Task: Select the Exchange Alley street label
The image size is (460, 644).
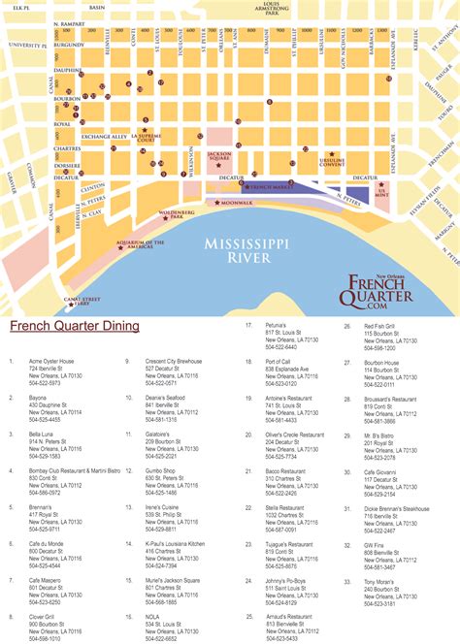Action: pyautogui.click(x=104, y=137)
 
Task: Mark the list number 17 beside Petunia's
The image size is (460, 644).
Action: pyautogui.click(x=249, y=325)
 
